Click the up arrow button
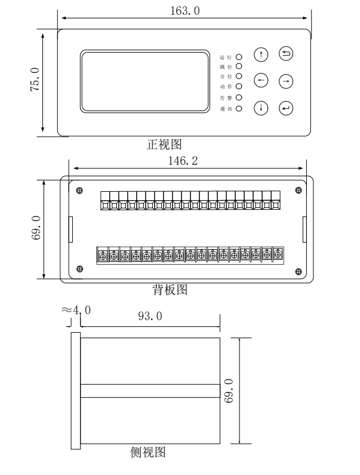click(261, 54)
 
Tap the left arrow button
click(261, 80)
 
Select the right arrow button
click(287, 80)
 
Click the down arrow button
click(261, 108)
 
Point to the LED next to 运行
click(238, 55)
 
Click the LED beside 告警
click(238, 97)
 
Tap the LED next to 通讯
click(238, 109)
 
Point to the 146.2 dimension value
click(186, 161)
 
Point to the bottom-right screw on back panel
click(299, 271)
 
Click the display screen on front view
click(146, 81)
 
